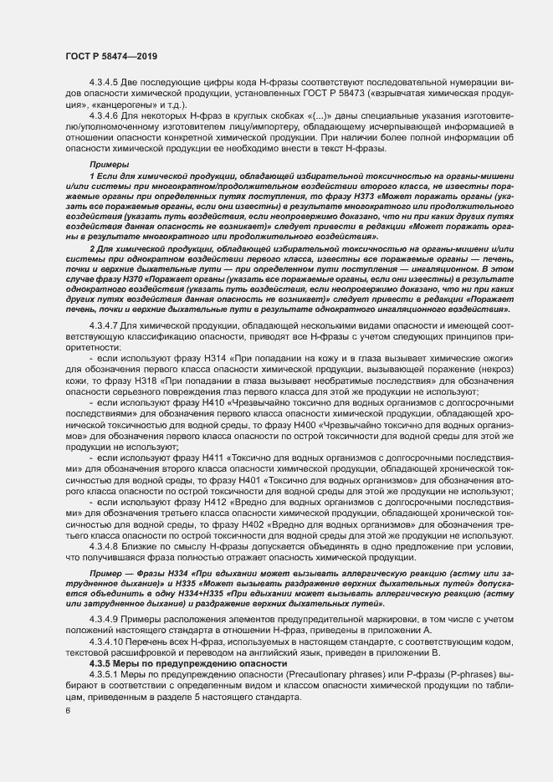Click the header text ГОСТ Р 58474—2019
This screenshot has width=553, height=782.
point(111,56)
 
